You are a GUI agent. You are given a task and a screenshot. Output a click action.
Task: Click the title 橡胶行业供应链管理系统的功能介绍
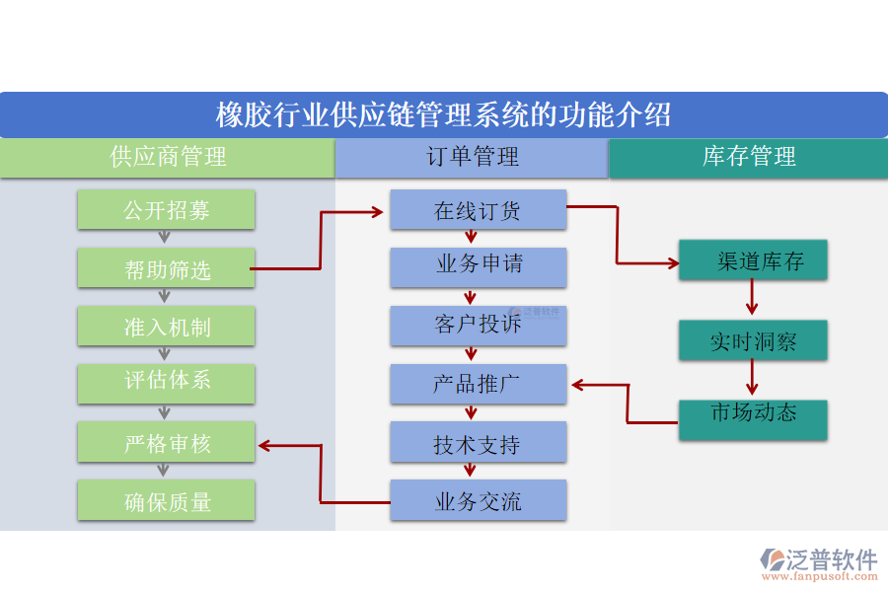[444, 114]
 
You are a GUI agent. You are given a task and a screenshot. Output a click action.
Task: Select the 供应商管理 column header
[167, 158]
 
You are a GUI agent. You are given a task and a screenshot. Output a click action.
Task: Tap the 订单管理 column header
[472, 158]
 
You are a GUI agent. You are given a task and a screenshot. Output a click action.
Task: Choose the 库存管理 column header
[748, 158]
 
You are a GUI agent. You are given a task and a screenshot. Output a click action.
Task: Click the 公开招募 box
[166, 209]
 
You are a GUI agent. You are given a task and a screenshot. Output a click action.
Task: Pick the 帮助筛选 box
[166, 268]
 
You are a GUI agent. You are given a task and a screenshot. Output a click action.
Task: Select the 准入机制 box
[166, 326]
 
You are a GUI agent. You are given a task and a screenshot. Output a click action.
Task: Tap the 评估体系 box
[166, 383]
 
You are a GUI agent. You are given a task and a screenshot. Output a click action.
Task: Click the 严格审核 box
[166, 442]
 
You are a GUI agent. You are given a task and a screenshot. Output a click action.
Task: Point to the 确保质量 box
[166, 500]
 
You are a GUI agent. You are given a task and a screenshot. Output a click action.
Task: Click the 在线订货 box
[478, 209]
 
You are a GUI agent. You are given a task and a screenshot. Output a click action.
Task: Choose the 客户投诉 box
[478, 326]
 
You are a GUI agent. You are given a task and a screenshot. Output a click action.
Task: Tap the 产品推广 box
[478, 384]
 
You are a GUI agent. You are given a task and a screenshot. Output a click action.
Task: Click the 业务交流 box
[478, 500]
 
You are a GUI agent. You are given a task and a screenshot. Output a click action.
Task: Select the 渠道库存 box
[752, 260]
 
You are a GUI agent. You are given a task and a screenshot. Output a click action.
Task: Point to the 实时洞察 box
[752, 340]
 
